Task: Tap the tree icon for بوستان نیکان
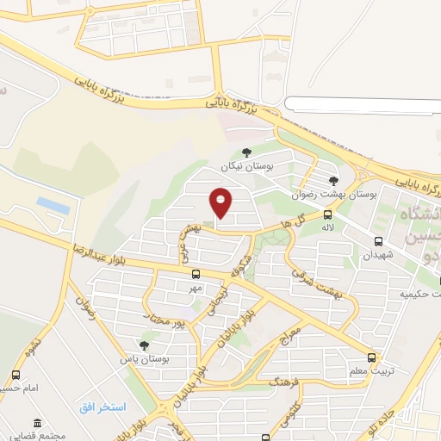[x=247, y=152]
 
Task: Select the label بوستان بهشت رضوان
[x=325, y=193]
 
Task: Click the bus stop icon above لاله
[x=327, y=214]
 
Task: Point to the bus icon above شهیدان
[x=379, y=242]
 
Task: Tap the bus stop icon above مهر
[x=196, y=275]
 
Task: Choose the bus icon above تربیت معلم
[x=371, y=357]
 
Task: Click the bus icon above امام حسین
[x=16, y=375]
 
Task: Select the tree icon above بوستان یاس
[x=144, y=345]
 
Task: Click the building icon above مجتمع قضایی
[x=37, y=423]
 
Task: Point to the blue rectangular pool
[x=53, y=206]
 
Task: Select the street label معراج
[x=291, y=333]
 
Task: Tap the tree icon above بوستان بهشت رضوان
[x=333, y=180]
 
